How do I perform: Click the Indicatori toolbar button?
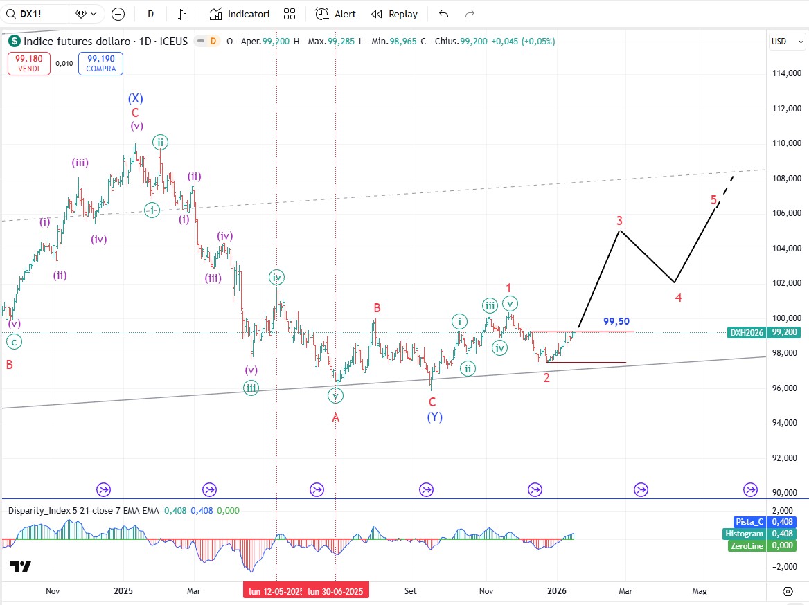tap(240, 14)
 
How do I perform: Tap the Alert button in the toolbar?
tap(336, 14)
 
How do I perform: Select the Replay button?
tap(395, 14)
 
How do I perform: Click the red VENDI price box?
tap(28, 64)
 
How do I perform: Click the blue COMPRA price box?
tap(100, 64)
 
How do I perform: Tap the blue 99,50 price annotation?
tap(616, 321)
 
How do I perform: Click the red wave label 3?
tap(620, 221)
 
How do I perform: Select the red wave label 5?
tap(713, 200)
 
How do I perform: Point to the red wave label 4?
tap(678, 298)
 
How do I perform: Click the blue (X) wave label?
tap(135, 98)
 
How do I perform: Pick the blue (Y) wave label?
tap(434, 417)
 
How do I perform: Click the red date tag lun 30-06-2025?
tap(335, 591)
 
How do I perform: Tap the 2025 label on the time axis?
tap(123, 591)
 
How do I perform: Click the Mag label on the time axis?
tap(700, 591)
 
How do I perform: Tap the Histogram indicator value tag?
tap(744, 534)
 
